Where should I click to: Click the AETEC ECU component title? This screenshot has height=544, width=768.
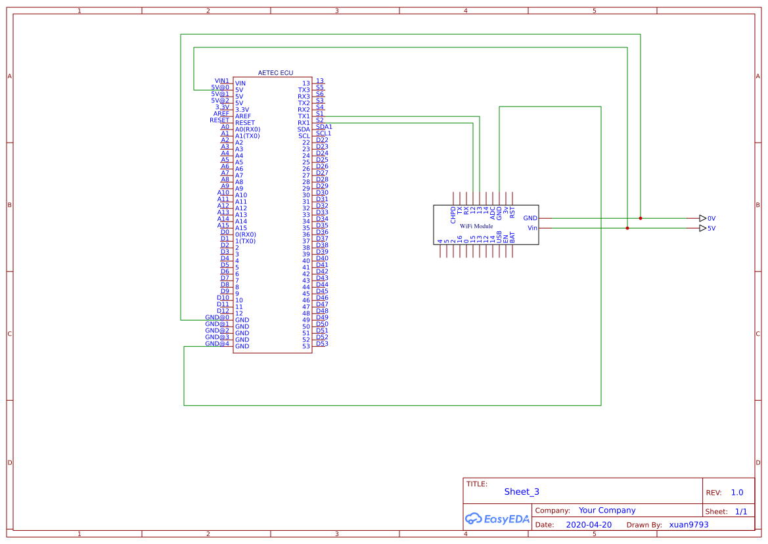click(275, 73)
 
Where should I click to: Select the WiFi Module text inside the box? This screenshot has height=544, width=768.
click(476, 226)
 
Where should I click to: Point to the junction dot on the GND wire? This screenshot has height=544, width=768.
click(641, 218)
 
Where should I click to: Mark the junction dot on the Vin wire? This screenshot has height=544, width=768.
click(627, 229)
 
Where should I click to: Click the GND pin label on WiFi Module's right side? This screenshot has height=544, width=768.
click(530, 218)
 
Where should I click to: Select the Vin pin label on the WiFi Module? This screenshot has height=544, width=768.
click(532, 229)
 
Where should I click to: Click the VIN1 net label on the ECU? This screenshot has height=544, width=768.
click(222, 81)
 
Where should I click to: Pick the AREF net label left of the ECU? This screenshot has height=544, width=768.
click(221, 114)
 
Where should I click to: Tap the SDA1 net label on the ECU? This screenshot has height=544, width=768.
click(324, 126)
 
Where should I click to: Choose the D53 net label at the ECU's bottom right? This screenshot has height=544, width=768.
click(322, 344)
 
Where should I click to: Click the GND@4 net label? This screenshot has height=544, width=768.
click(217, 344)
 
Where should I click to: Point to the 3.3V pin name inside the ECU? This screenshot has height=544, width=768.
click(242, 110)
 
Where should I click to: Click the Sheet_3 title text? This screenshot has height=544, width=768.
click(522, 491)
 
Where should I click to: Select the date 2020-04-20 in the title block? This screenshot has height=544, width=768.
click(588, 525)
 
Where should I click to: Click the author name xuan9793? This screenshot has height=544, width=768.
click(689, 525)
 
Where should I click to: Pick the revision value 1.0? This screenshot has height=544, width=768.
click(736, 493)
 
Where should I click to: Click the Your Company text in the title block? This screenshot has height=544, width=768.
click(606, 510)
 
